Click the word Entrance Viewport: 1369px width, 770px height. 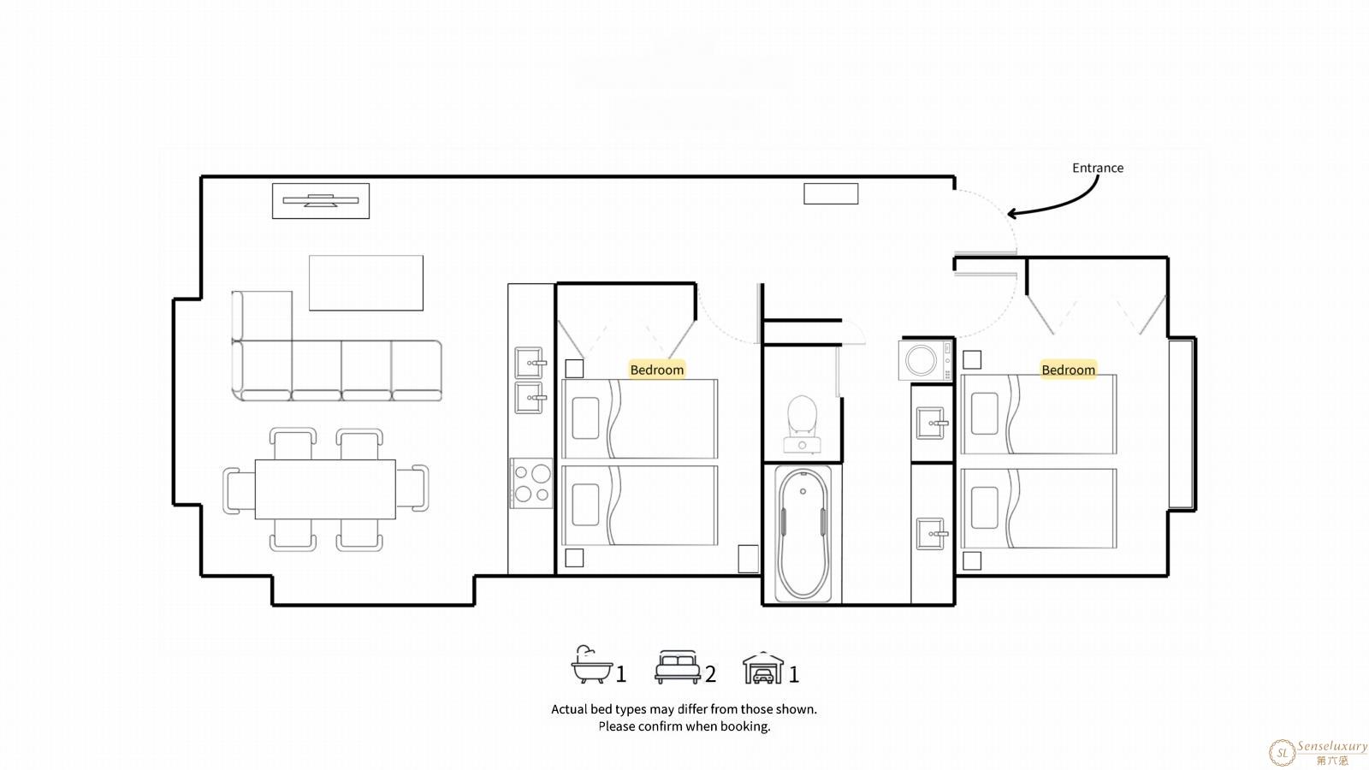click(x=1098, y=168)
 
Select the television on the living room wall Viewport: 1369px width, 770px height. click(x=321, y=200)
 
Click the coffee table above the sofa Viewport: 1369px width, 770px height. click(x=366, y=283)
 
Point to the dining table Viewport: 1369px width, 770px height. click(x=325, y=489)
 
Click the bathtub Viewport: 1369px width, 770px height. click(x=803, y=534)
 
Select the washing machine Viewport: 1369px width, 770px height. click(x=925, y=360)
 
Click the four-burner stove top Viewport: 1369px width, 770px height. click(x=531, y=483)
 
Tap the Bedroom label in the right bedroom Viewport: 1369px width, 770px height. click(x=1069, y=370)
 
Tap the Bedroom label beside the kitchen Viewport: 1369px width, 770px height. click(x=657, y=370)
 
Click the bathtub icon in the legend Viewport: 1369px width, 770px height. click(x=591, y=664)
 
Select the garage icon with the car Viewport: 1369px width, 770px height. click(x=763, y=667)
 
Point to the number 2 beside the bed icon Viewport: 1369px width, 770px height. click(x=710, y=674)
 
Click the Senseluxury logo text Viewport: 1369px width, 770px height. click(x=1332, y=746)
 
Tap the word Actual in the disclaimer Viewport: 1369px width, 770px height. click(x=569, y=709)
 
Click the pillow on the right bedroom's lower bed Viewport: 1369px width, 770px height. click(x=985, y=508)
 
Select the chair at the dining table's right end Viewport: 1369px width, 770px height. click(x=413, y=488)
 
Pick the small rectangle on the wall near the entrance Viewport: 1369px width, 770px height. click(x=831, y=193)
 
